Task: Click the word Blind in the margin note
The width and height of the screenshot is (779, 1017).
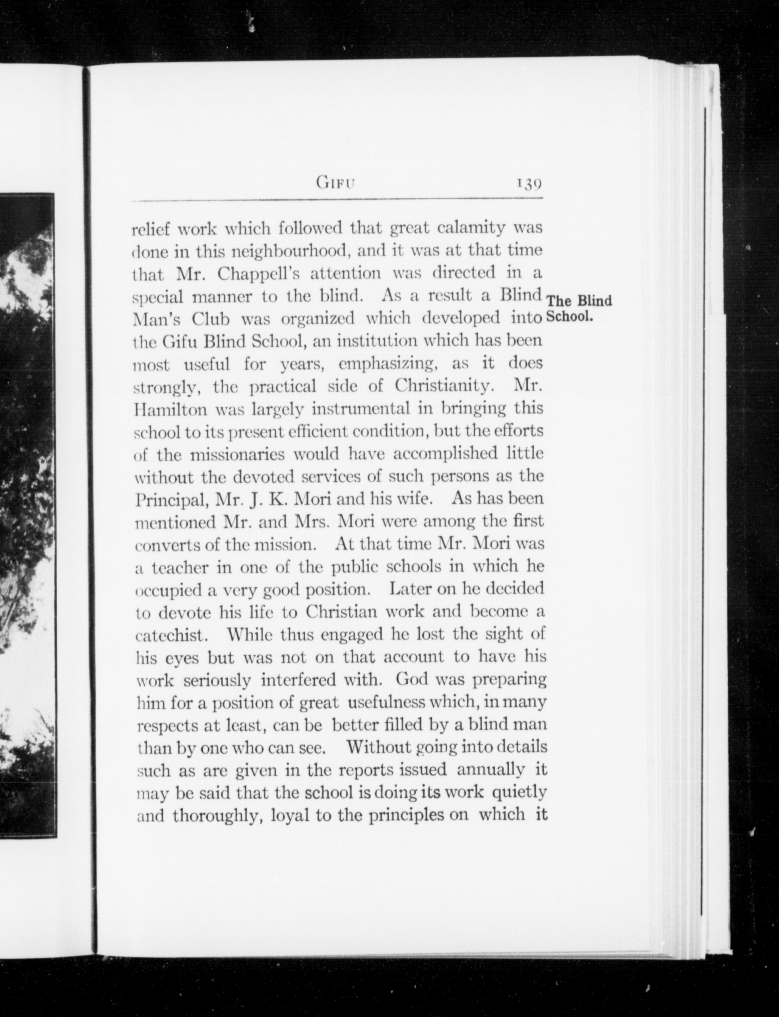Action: tap(595, 301)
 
